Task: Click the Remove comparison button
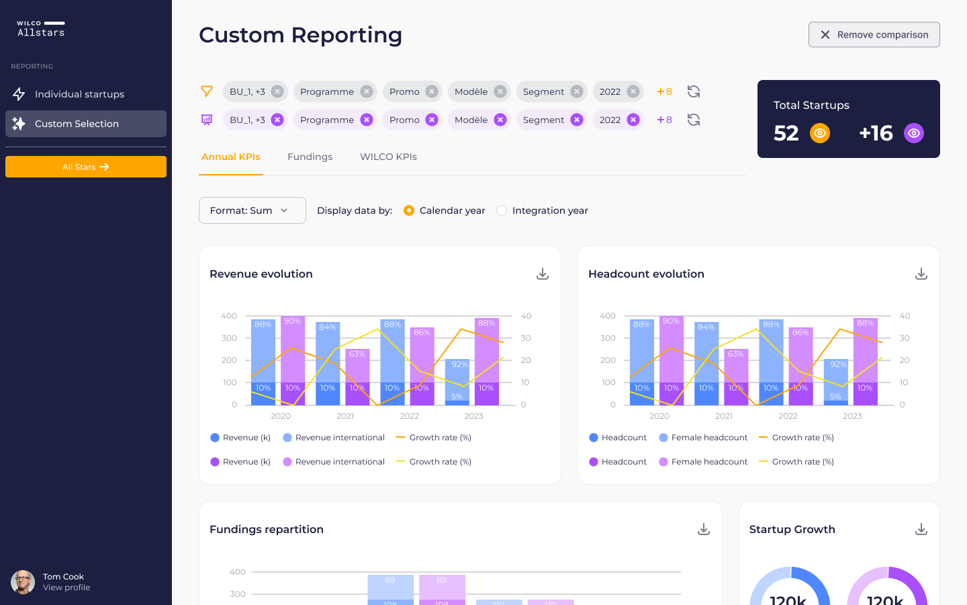pyautogui.click(x=874, y=35)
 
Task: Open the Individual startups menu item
pyautogui.click(x=79, y=94)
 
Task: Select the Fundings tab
pyautogui.click(x=310, y=157)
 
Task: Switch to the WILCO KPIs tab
pyautogui.click(x=388, y=157)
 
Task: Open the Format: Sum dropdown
pyautogui.click(x=252, y=210)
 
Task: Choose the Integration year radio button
pyautogui.click(x=502, y=210)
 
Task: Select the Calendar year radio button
pyautogui.click(x=408, y=210)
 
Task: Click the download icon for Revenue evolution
pyautogui.click(x=543, y=274)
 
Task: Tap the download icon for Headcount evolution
pyautogui.click(x=921, y=274)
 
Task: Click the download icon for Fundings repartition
pyautogui.click(x=704, y=529)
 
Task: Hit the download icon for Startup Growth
pyautogui.click(x=921, y=529)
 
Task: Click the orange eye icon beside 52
pyautogui.click(x=820, y=133)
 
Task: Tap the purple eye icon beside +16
pyautogui.click(x=914, y=133)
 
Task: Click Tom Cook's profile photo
pyautogui.click(x=23, y=582)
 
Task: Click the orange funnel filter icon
pyautogui.click(x=207, y=91)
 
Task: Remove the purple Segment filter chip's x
pyautogui.click(x=577, y=120)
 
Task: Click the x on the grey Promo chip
pyautogui.click(x=432, y=91)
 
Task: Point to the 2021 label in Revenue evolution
pyautogui.click(x=345, y=416)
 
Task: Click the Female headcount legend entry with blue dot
pyautogui.click(x=703, y=438)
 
